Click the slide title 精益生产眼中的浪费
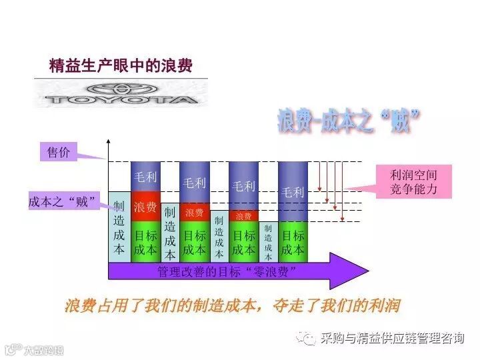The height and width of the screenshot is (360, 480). point(121,66)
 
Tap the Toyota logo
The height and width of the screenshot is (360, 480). point(121,94)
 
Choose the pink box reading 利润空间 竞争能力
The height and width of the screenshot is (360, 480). point(414,182)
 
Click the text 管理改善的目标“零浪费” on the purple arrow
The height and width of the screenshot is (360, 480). point(227,271)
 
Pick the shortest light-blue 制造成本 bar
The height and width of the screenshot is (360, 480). point(268,241)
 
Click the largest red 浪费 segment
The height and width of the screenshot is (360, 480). point(145,207)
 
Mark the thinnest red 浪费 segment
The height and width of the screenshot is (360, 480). point(243,216)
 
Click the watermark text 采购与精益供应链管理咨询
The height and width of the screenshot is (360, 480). point(392,339)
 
